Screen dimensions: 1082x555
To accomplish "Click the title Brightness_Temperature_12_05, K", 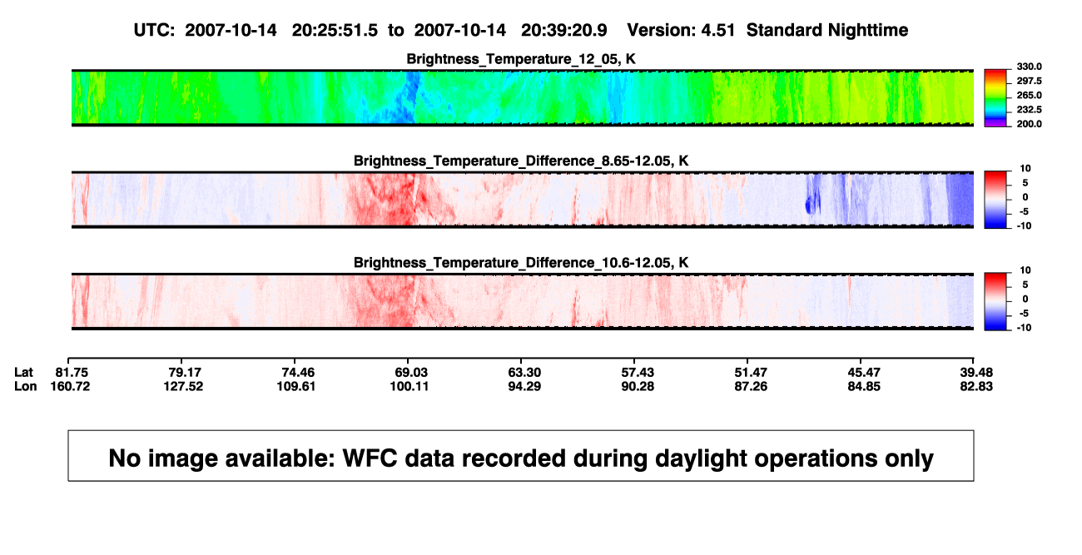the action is pyautogui.click(x=521, y=59).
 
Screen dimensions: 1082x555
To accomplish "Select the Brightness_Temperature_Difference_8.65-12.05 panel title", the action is pyautogui.click(x=521, y=161).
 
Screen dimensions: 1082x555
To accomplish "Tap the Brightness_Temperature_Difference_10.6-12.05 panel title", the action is pyautogui.click(x=521, y=263).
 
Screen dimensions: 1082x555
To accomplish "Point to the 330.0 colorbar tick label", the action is pyautogui.click(x=1029, y=67).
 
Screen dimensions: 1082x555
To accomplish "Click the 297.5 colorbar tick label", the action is pyautogui.click(x=1029, y=82).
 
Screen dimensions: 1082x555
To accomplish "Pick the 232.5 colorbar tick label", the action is pyautogui.click(x=1029, y=110).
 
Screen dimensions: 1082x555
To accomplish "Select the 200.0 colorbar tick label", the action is pyautogui.click(x=1029, y=124).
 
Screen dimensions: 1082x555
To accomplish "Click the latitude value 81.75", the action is pyautogui.click(x=72, y=373).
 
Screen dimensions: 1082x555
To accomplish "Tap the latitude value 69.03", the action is pyautogui.click(x=411, y=373).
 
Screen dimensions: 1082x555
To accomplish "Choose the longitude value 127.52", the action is pyautogui.click(x=183, y=386).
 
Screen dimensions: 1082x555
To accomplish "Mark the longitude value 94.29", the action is pyautogui.click(x=524, y=386).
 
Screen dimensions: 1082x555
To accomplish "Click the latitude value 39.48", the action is pyautogui.click(x=976, y=373).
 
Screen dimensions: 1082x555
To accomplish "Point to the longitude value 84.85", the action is pyautogui.click(x=864, y=386).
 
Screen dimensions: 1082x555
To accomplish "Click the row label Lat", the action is pyautogui.click(x=23, y=373).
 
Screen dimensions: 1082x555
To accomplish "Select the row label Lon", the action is pyautogui.click(x=26, y=386).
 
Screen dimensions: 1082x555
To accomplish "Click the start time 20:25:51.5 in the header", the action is pyautogui.click(x=335, y=30).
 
